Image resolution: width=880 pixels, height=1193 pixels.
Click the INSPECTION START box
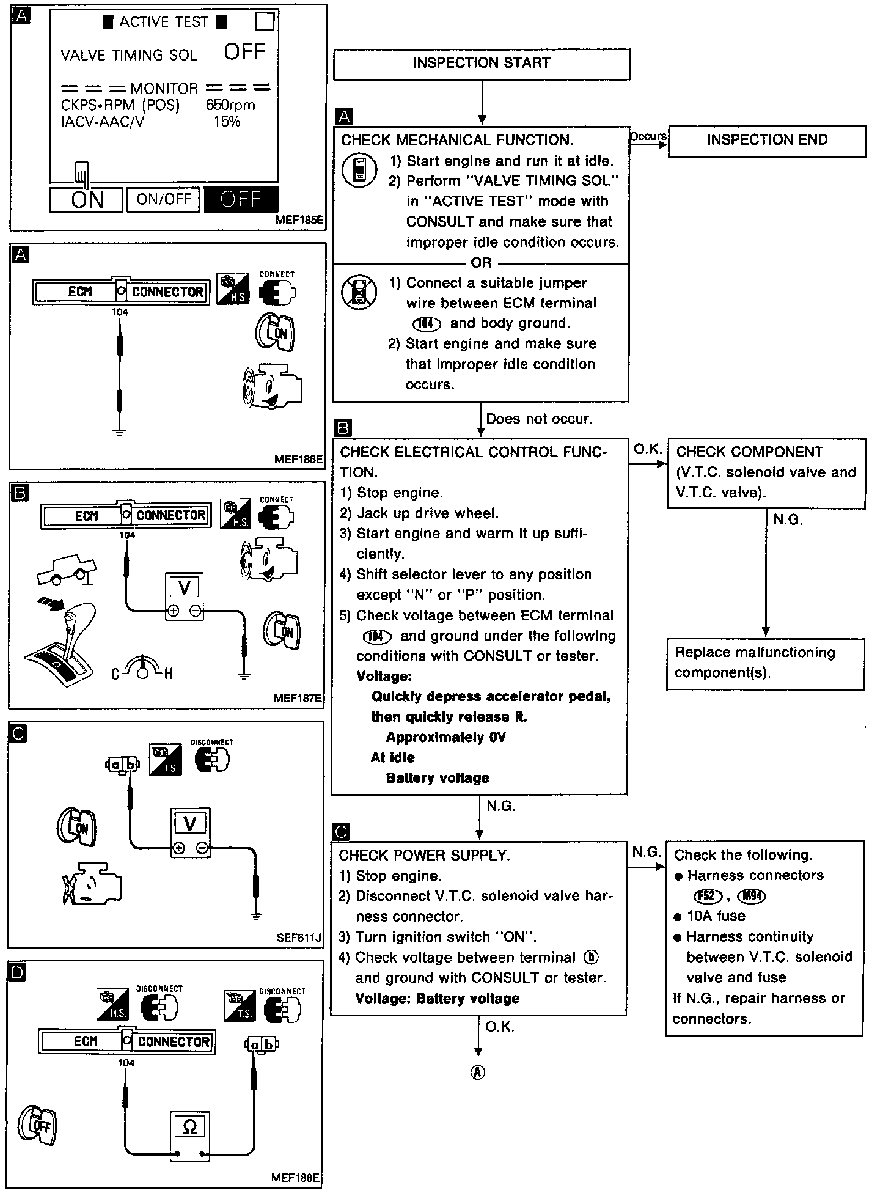tap(481, 64)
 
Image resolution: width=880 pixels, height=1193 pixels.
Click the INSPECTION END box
tap(766, 141)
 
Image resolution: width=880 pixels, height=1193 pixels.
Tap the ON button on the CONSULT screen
tap(86, 199)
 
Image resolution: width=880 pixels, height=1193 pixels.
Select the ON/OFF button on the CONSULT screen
tap(163, 199)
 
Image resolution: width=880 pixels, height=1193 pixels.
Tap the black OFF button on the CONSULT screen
tap(241, 199)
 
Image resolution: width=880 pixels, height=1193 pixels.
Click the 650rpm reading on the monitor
tap(230, 105)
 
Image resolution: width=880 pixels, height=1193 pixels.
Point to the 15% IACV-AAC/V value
tap(227, 122)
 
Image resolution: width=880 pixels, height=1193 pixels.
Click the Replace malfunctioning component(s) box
tap(765, 663)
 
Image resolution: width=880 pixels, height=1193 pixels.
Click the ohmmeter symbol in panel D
tap(189, 1127)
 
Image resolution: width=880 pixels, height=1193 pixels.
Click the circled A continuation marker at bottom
tap(478, 1072)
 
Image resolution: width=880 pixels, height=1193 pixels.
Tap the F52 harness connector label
tap(707, 896)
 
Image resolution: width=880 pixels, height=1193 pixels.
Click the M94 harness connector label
tap(752, 896)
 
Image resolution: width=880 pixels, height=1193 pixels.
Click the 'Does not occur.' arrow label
tap(539, 419)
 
